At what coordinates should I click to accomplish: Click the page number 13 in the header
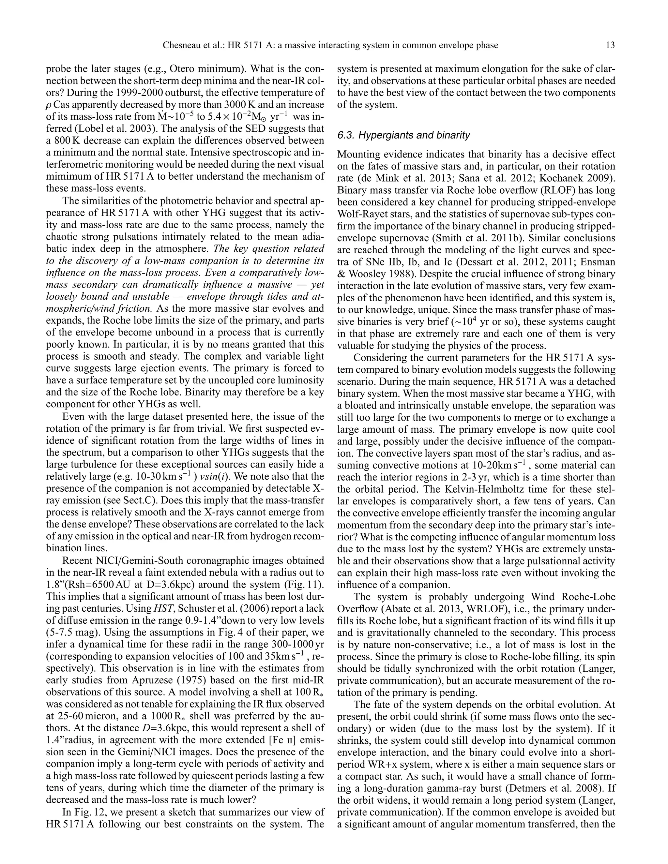(610, 46)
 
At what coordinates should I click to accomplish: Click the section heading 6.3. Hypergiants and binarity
(404, 135)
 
